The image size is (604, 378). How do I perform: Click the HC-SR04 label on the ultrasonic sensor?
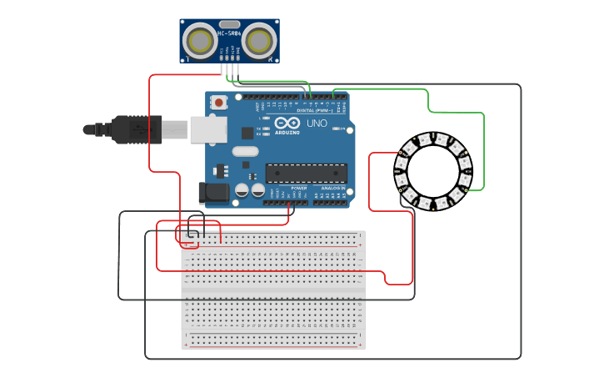pos(229,33)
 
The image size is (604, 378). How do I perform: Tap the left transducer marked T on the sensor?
pos(199,39)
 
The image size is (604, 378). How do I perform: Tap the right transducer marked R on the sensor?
pos(260,39)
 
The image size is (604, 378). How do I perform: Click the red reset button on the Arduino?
pos(219,103)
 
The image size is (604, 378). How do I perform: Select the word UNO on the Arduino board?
pos(317,123)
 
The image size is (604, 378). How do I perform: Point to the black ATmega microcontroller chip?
pos(306,173)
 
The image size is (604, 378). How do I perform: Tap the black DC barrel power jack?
pos(213,193)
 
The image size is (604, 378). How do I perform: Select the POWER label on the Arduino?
pos(299,189)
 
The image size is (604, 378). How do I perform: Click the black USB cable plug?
pos(125,129)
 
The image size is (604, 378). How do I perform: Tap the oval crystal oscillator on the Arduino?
pos(246,152)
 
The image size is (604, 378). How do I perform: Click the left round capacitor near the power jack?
pos(242,190)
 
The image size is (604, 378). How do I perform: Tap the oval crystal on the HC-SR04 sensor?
pos(230,24)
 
